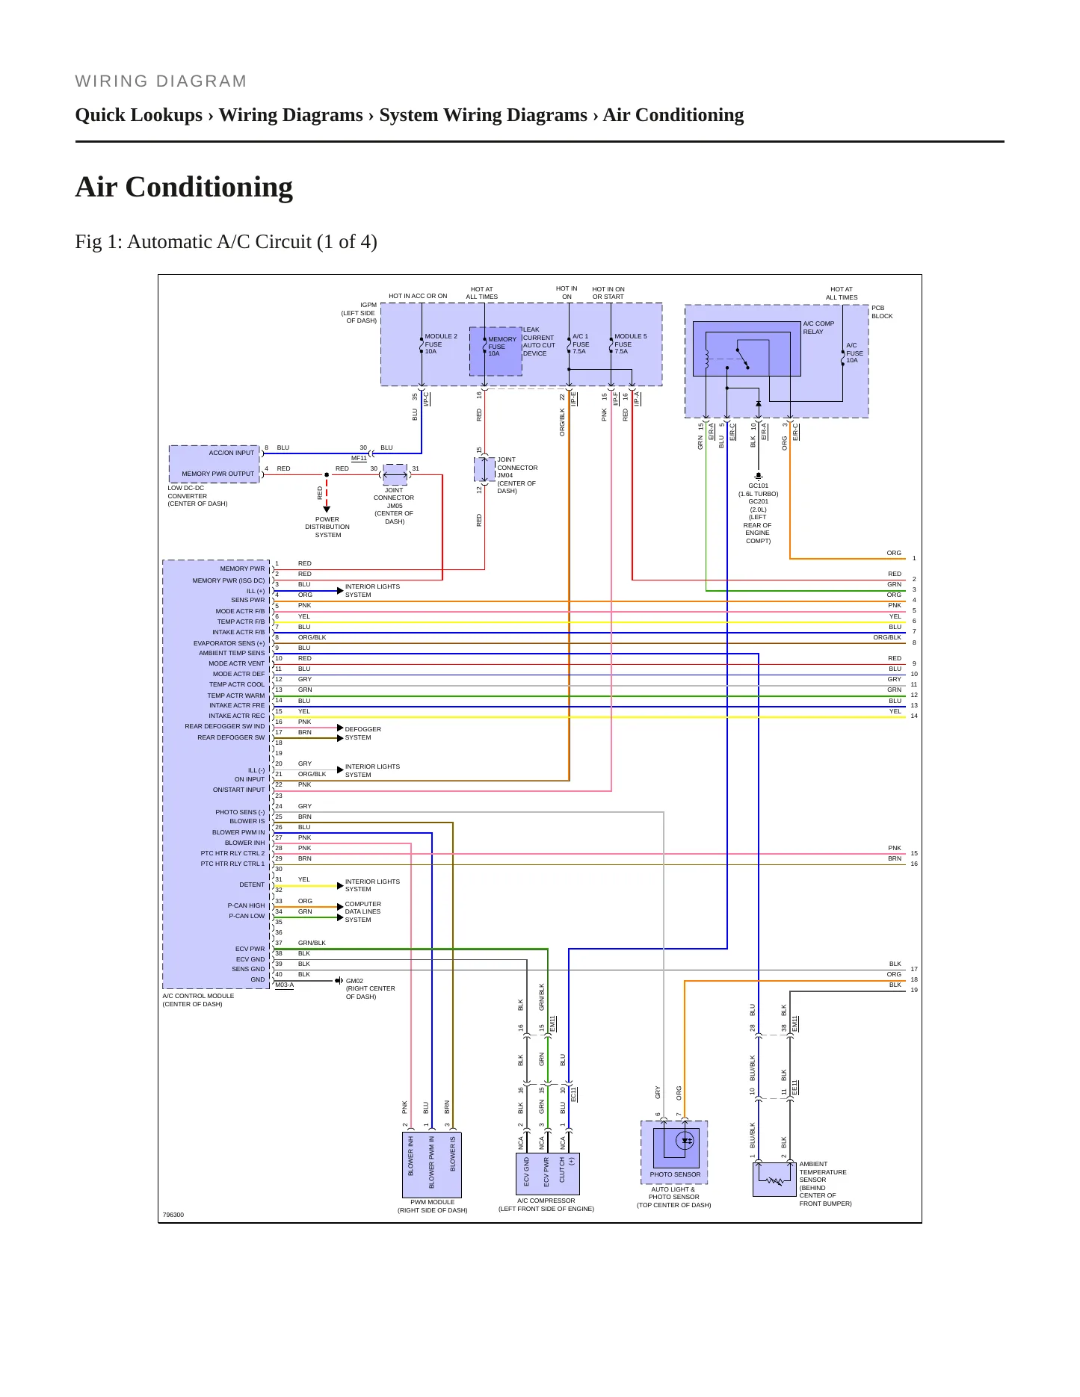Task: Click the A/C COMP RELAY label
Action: [818, 327]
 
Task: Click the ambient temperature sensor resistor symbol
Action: [774, 1181]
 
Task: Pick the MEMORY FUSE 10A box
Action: [496, 351]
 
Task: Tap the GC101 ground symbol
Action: [759, 475]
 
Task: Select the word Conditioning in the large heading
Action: [209, 187]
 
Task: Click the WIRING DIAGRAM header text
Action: [161, 81]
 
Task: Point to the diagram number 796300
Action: [173, 1215]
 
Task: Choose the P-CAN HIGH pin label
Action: [246, 905]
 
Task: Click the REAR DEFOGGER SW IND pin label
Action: [225, 726]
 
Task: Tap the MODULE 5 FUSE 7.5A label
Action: [630, 344]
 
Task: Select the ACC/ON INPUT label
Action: [232, 453]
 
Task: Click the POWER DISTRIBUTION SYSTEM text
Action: [327, 527]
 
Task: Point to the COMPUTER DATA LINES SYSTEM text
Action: [362, 911]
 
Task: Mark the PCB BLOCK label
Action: [882, 312]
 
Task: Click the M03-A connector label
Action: [284, 985]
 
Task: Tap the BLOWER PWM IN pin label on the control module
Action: [238, 832]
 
